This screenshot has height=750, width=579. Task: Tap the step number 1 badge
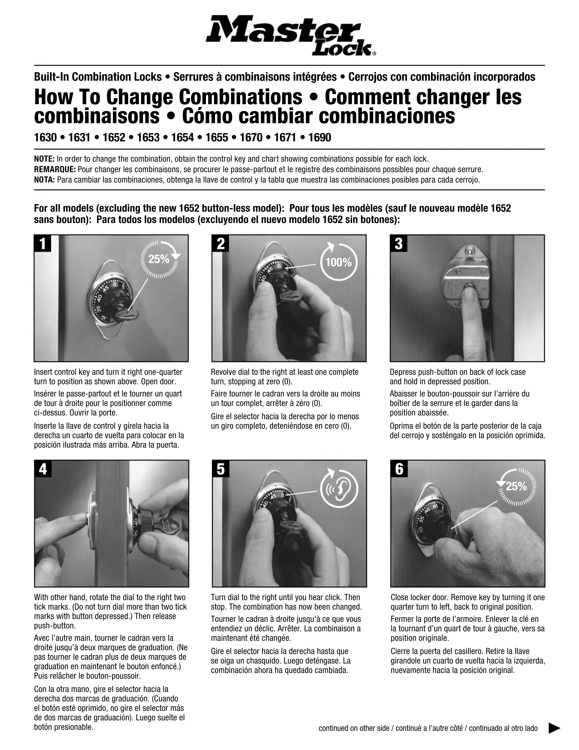[43, 243]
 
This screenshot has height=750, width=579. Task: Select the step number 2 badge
[221, 243]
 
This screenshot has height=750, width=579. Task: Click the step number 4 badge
[43, 469]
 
